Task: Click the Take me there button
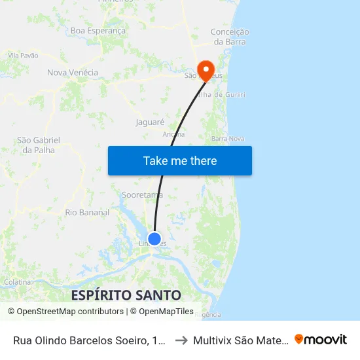coord(180,161)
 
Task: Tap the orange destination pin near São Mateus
coord(206,70)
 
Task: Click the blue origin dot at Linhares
coord(154,239)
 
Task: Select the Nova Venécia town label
coord(73,73)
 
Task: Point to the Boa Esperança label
coord(98,31)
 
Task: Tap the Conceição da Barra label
coord(229,37)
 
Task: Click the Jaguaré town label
coord(149,122)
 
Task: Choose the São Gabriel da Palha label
coord(39,145)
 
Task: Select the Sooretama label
coord(142,195)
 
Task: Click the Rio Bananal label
coord(87,212)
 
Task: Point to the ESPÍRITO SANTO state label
coord(126,295)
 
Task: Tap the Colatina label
coord(18,282)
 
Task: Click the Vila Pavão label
coord(24,56)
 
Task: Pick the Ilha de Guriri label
coord(226,95)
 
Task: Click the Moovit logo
coord(321,339)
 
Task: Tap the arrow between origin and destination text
coord(181,340)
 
